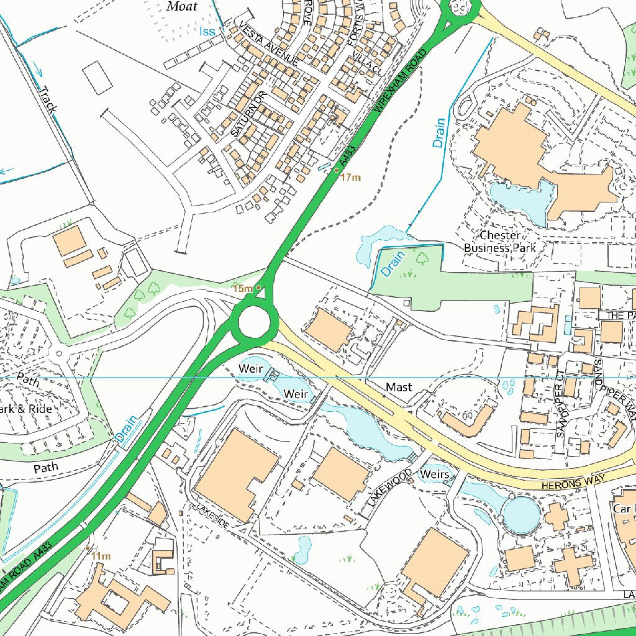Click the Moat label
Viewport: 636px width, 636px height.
(x=182, y=7)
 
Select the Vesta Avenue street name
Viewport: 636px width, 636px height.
(x=268, y=44)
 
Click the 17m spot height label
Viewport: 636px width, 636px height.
(x=350, y=178)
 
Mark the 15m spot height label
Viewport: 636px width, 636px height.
(x=242, y=288)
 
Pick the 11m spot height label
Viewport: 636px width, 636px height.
(x=101, y=556)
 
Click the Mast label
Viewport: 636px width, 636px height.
(x=398, y=387)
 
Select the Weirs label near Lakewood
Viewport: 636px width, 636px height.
(x=434, y=475)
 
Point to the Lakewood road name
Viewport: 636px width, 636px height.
(x=389, y=488)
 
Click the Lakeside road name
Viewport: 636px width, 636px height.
(x=213, y=516)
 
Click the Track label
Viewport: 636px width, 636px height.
(x=48, y=99)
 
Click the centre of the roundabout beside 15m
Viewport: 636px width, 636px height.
(x=254, y=322)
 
